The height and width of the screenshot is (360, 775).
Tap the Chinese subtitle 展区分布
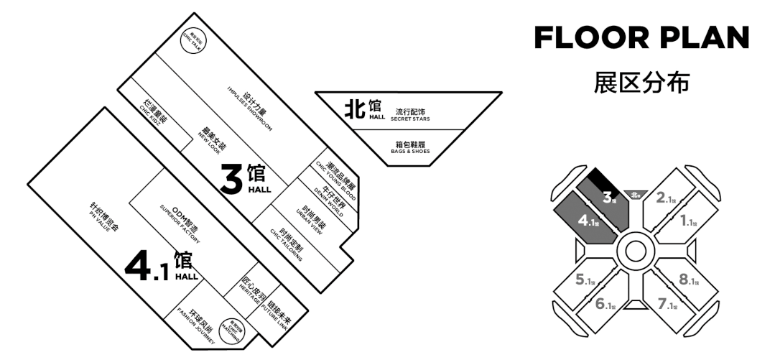click(641, 82)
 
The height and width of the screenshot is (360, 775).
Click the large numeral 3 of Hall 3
click(231, 180)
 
